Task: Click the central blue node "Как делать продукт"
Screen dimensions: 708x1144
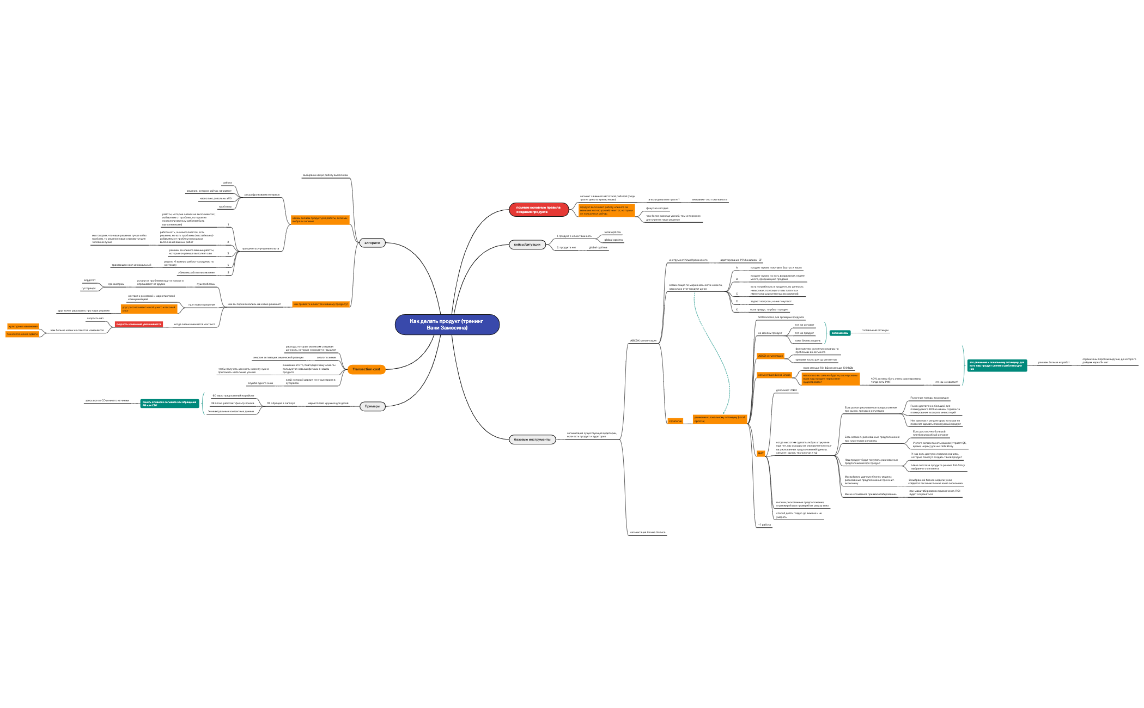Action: click(x=447, y=325)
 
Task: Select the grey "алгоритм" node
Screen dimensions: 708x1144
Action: click(x=372, y=243)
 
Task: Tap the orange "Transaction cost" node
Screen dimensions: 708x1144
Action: click(x=366, y=369)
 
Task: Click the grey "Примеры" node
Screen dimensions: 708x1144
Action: click(x=372, y=406)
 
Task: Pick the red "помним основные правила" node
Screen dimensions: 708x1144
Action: click(x=538, y=210)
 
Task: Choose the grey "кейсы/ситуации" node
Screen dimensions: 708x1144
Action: click(x=527, y=245)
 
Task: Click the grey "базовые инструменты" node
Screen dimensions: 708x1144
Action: click(x=532, y=440)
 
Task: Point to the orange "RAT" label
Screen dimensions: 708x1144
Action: click(x=760, y=453)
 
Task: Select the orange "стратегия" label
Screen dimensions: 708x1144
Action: click(x=675, y=421)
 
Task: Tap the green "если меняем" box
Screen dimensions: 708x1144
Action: click(x=840, y=333)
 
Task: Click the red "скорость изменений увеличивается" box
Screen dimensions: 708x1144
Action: click(x=138, y=324)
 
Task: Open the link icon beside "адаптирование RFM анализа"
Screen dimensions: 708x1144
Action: click(x=760, y=260)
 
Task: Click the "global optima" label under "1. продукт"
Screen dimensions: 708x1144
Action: click(x=613, y=240)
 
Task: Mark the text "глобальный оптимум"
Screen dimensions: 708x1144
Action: click(x=874, y=330)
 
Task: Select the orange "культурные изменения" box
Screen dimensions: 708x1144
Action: click(x=23, y=326)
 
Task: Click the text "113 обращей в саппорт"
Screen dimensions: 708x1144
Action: click(x=281, y=404)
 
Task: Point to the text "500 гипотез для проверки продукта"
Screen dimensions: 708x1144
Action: click(x=781, y=317)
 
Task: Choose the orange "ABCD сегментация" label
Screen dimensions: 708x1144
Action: click(x=770, y=356)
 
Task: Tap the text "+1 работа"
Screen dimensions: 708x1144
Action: click(x=764, y=524)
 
